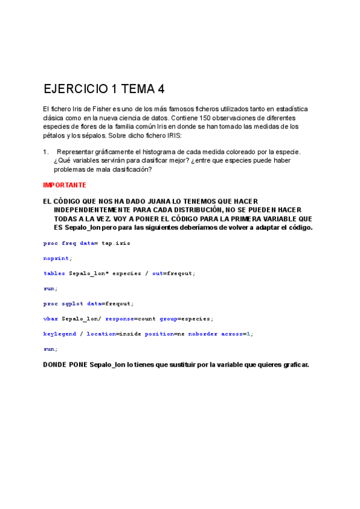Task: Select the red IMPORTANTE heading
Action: pos(65,185)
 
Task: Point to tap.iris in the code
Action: pos(116,243)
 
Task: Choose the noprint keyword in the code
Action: pos(57,258)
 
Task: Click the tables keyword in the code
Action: pos(55,273)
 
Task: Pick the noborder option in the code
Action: pos(203,333)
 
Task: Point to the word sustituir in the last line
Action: pos(192,364)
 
